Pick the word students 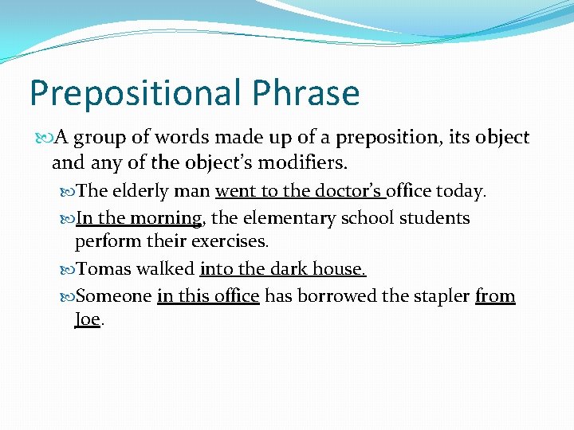click(434, 217)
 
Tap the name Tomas click(104, 269)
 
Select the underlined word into click(216, 269)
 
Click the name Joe click(88, 319)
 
